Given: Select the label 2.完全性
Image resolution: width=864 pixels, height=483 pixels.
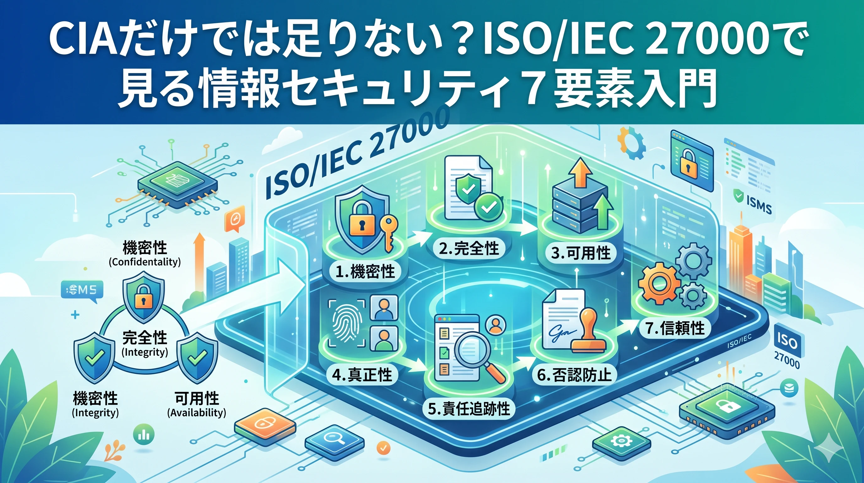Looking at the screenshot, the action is [x=468, y=248].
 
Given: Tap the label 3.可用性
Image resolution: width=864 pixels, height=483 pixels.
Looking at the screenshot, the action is [x=580, y=253].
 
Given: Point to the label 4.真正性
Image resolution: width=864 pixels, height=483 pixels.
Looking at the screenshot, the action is [x=362, y=375].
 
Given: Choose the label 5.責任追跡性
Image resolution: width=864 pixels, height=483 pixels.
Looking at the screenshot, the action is [x=469, y=408].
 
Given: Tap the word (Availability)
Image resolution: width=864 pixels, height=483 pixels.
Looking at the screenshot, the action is [x=197, y=413].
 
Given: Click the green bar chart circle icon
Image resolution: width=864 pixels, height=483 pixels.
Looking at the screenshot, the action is [x=144, y=434].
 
